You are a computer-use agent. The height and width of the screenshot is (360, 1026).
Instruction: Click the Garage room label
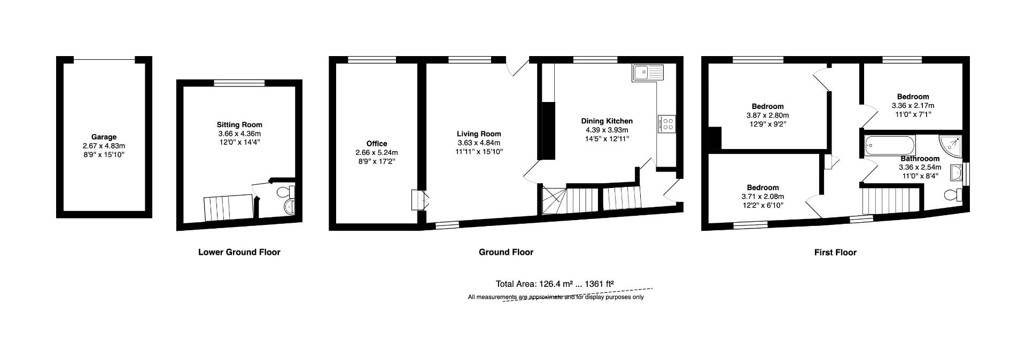click(104, 137)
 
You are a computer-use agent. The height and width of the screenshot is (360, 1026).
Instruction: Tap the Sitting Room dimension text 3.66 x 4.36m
click(239, 134)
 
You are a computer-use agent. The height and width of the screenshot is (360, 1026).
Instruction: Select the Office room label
click(376, 144)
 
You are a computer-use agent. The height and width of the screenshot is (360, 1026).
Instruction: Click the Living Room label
click(479, 134)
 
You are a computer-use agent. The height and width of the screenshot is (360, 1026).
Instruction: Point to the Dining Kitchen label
click(607, 121)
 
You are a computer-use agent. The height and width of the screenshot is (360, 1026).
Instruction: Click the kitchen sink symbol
click(647, 73)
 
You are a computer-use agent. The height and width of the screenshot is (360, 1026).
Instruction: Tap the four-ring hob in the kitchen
click(667, 124)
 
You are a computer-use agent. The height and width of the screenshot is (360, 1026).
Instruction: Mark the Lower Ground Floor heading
click(239, 252)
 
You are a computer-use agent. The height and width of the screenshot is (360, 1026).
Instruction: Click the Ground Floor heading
click(506, 252)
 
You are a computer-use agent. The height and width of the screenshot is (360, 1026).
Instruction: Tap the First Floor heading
click(835, 253)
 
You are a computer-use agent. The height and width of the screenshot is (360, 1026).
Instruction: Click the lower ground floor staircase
click(227, 207)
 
